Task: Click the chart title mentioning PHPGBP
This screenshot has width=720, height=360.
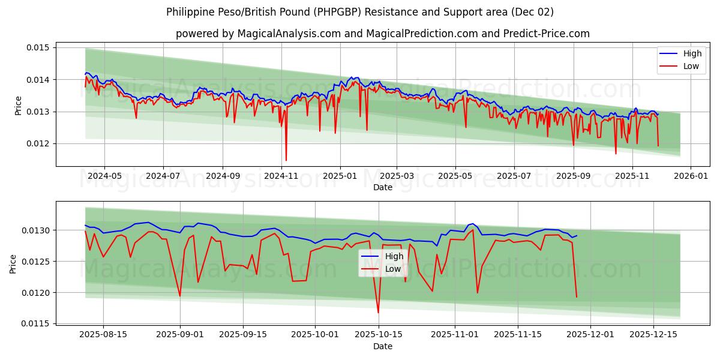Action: coord(359,12)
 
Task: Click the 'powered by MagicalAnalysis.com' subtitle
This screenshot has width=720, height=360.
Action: coord(382,34)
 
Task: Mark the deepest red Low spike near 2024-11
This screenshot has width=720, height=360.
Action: coord(286,160)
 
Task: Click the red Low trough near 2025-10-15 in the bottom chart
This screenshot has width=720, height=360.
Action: coord(378,312)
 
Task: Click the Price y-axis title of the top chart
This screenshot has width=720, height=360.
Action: coord(18,106)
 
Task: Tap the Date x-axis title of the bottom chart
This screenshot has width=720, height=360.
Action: coord(382,346)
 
